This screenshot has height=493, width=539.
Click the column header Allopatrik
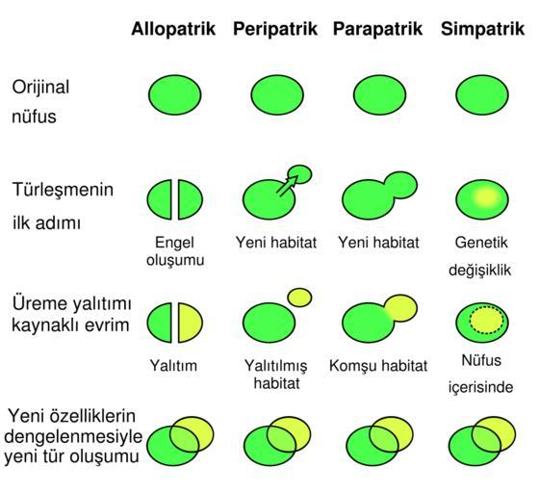point(173,29)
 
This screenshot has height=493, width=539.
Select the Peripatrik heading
point(275,29)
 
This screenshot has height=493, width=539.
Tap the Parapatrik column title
point(377,29)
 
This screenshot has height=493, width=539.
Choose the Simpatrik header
point(482,29)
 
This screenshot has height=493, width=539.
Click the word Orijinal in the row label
point(40,88)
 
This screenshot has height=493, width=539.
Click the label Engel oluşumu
point(175,251)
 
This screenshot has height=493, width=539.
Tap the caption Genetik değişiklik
point(480,256)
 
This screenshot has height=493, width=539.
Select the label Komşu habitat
point(378,366)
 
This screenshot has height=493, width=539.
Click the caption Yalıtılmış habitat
point(276,374)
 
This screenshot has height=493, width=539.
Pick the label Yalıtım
point(173,366)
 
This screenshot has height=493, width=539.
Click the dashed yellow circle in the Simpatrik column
point(487,320)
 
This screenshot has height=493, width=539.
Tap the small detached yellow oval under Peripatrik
point(299,298)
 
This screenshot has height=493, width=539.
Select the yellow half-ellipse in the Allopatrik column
point(190,323)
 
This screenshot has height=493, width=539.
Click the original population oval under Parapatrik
point(379,95)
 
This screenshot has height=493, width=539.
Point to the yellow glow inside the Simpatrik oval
point(486,197)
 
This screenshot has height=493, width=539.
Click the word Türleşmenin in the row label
point(63,190)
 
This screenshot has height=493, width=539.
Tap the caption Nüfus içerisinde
point(480,374)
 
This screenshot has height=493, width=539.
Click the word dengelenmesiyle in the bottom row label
point(73,436)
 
